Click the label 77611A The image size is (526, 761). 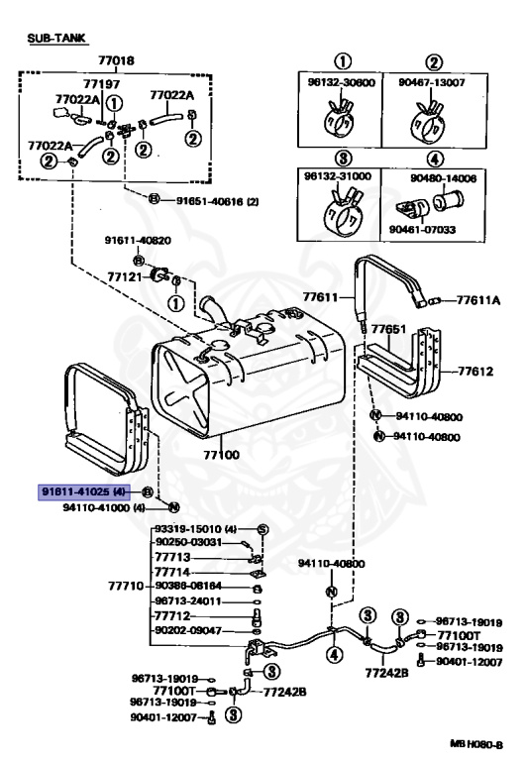(479, 298)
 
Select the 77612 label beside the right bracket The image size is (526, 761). (475, 372)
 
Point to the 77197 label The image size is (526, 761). (101, 85)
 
